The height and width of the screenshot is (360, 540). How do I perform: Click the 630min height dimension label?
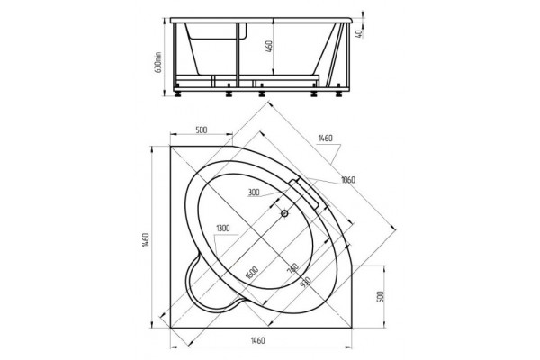pyautogui.click(x=158, y=63)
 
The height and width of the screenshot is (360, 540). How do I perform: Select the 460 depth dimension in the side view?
pyautogui.click(x=269, y=47)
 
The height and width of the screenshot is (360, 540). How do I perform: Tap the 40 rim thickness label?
pyautogui.click(x=358, y=34)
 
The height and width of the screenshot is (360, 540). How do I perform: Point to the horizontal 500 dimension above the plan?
pyautogui.click(x=202, y=130)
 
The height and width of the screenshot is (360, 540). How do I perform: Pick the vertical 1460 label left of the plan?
pyautogui.click(x=146, y=239)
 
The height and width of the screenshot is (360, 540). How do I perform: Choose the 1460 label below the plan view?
pyautogui.click(x=257, y=341)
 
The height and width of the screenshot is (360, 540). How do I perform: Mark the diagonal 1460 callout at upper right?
pyautogui.click(x=325, y=138)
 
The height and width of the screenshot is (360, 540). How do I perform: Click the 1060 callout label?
pyautogui.click(x=347, y=180)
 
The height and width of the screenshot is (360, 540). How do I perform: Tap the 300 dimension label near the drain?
pyautogui.click(x=254, y=193)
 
